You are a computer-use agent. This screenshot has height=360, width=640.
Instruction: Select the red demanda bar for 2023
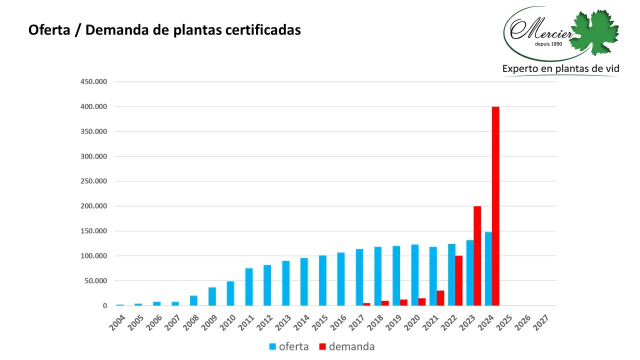click(x=477, y=255)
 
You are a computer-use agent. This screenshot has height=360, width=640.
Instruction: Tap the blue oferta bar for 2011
click(x=249, y=286)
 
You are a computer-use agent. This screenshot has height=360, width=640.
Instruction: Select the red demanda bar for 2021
click(x=440, y=298)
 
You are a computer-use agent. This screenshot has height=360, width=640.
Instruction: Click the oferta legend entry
click(x=289, y=346)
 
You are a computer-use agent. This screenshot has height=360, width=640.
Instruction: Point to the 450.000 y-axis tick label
click(x=93, y=82)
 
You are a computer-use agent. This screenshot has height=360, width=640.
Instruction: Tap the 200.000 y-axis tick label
click(x=93, y=206)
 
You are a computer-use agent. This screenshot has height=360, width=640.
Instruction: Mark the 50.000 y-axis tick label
click(x=95, y=280)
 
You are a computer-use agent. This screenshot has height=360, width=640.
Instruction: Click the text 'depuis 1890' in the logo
click(x=549, y=44)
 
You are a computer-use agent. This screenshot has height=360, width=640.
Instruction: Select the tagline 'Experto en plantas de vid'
click(x=560, y=68)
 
